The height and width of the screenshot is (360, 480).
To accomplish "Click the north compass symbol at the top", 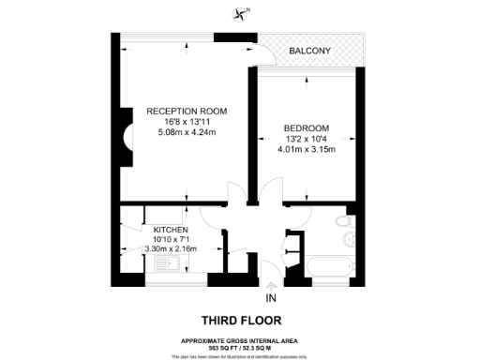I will pyautogui.click(x=246, y=12).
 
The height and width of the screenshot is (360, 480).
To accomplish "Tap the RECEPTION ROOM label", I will pyautogui.click(x=187, y=112).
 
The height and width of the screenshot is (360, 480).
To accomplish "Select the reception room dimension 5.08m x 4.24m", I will pyautogui.click(x=187, y=132).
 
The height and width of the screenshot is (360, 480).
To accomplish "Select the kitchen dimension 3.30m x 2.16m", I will pyautogui.click(x=171, y=250).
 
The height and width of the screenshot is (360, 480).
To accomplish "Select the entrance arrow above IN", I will pyautogui.click(x=271, y=285).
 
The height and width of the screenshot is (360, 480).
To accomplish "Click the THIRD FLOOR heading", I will pyautogui.click(x=239, y=319).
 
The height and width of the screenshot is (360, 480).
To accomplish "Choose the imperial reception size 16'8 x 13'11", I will pyautogui.click(x=187, y=122).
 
